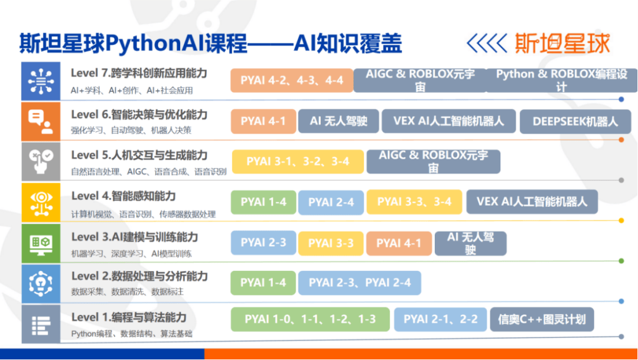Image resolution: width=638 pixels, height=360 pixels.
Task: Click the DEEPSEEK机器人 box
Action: [575, 121]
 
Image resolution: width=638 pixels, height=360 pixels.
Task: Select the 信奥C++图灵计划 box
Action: [542, 319]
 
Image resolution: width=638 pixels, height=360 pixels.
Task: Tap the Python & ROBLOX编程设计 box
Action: [562, 80]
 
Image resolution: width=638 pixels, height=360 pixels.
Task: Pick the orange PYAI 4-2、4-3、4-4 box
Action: [292, 80]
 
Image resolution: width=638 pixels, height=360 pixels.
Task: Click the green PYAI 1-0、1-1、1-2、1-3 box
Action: [310, 319]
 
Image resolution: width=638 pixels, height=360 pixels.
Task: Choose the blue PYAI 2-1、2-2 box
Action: [440, 319]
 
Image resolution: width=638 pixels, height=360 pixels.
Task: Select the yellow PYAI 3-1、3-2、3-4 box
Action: [298, 161]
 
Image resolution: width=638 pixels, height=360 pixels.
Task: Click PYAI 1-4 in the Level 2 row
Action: [263, 283]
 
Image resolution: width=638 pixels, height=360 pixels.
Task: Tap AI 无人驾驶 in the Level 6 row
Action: [338, 121]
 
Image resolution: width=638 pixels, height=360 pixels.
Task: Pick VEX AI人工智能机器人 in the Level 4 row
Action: [532, 202]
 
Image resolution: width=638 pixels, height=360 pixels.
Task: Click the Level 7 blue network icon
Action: [41, 81]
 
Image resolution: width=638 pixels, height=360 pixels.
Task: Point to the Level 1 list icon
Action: [41, 324]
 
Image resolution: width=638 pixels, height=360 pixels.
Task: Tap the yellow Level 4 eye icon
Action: [41, 202]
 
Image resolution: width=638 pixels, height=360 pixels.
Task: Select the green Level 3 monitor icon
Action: [41, 243]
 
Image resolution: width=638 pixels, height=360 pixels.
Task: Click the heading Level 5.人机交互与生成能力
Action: [139, 155]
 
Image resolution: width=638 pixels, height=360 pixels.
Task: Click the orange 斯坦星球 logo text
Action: [562, 43]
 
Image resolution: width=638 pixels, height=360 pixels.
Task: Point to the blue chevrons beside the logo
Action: [487, 43]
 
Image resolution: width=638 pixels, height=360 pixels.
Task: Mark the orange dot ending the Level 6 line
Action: [621, 140]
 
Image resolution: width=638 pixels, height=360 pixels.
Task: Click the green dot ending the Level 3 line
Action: [621, 261]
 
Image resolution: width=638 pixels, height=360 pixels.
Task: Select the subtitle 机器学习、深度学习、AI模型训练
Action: [131, 254]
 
